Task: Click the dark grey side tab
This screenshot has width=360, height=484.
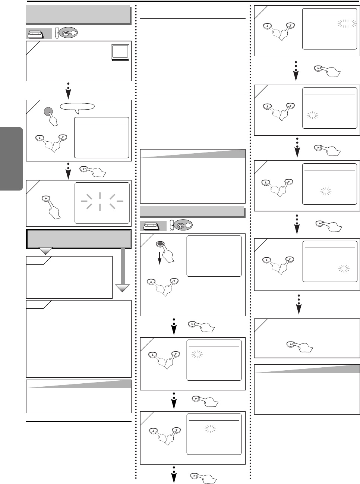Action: (x=12, y=158)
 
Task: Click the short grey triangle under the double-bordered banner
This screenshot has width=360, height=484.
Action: (x=46, y=251)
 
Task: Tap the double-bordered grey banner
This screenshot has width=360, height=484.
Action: (x=79, y=239)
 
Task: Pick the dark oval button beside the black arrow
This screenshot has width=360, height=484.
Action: (x=160, y=244)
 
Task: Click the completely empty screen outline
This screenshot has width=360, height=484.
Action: (x=214, y=256)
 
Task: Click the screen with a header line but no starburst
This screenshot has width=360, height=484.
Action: (x=101, y=138)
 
